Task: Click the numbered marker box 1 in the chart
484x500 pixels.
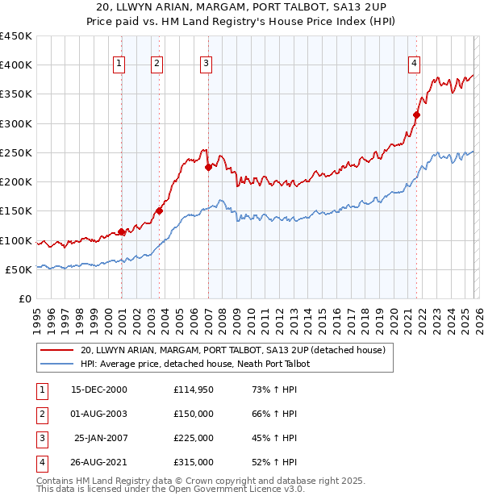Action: coord(119,64)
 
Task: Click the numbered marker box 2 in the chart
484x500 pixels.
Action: coord(156,64)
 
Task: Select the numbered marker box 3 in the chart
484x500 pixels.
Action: coord(206,64)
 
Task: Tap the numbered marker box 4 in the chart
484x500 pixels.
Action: coord(414,64)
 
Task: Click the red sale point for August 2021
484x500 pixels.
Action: coord(417,115)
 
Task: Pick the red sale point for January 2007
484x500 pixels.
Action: coord(208,168)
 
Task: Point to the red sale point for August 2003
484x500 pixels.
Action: coord(159,211)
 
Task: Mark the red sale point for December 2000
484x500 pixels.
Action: coord(122,232)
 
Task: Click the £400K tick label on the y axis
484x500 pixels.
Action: coord(16,65)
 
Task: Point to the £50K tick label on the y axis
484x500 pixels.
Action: coord(19,269)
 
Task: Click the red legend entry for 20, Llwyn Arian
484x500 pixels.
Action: coord(233,350)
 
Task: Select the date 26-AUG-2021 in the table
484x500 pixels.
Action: coord(99,462)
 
